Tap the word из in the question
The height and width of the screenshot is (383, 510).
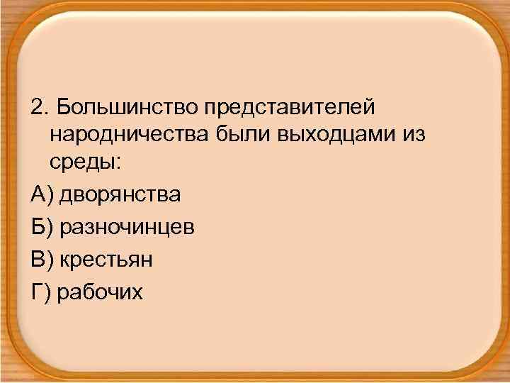tap(413, 135)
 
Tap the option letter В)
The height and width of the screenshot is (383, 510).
tap(42, 260)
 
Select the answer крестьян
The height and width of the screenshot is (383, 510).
tap(106, 260)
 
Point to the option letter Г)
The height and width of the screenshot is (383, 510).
tap(40, 292)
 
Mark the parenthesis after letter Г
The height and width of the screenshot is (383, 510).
tap(47, 292)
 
